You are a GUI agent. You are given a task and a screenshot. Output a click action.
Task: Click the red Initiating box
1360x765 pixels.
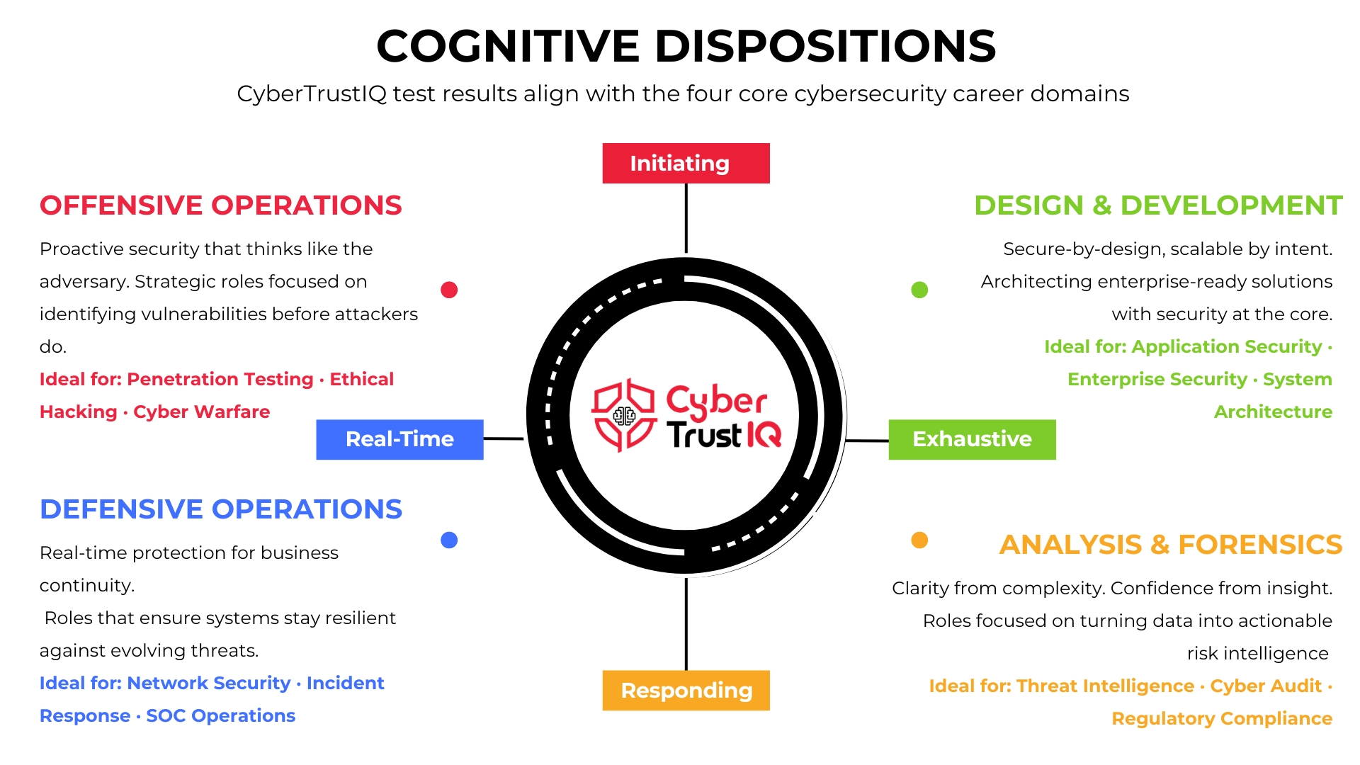coord(686,164)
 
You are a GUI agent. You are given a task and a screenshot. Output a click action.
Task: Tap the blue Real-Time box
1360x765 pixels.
coord(399,439)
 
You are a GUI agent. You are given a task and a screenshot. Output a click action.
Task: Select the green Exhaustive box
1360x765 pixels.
coord(972,439)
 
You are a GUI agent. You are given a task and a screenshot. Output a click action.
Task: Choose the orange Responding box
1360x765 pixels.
coord(686,690)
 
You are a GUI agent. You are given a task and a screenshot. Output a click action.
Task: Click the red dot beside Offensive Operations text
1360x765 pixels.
coord(449,290)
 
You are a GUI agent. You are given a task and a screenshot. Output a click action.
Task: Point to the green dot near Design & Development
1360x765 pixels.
coord(919,290)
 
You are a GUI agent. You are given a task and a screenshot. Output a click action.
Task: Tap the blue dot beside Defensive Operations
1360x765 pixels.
coord(449,540)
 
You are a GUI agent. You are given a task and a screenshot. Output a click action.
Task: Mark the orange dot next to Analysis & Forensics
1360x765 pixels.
coord(919,540)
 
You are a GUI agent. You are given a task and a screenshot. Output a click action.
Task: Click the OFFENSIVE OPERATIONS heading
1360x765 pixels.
coord(220,205)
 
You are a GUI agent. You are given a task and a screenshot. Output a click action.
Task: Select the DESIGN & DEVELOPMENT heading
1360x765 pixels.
coord(1158,205)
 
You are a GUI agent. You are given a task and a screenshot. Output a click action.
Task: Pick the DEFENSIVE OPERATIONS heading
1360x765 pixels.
coord(220,509)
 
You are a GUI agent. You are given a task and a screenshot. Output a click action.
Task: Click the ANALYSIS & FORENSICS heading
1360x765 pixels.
coord(1170,545)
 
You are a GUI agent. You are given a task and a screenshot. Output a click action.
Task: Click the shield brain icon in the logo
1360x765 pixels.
coord(624,415)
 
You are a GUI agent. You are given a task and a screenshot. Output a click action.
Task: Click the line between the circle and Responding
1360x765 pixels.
coord(686,623)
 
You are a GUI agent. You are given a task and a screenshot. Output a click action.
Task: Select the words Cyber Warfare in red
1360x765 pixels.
coord(201,412)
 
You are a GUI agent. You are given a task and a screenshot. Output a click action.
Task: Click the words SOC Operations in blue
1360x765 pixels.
coord(220,716)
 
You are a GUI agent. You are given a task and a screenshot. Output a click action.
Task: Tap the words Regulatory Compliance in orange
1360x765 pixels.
coord(1221,719)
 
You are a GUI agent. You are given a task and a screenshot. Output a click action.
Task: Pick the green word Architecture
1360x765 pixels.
coord(1273,412)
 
